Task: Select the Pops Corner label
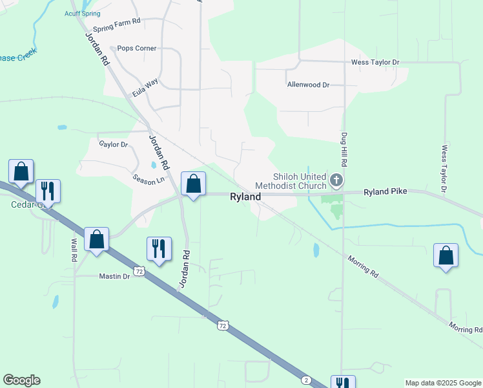pyautogui.click(x=136, y=48)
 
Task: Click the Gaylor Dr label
pyautogui.click(x=114, y=144)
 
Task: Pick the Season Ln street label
pyautogui.click(x=149, y=178)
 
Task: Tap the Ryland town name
pyautogui.click(x=245, y=197)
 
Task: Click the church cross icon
pyautogui.click(x=336, y=180)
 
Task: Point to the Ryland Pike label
pyautogui.click(x=386, y=192)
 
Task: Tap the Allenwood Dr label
pyautogui.click(x=308, y=85)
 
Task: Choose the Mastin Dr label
pyautogui.click(x=114, y=276)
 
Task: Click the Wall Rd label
pyautogui.click(x=74, y=250)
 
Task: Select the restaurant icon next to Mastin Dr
pyautogui.click(x=159, y=249)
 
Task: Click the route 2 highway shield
pyautogui.click(x=306, y=379)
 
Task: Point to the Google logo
pyautogui.click(x=21, y=380)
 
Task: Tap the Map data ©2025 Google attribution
pyautogui.click(x=442, y=383)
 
